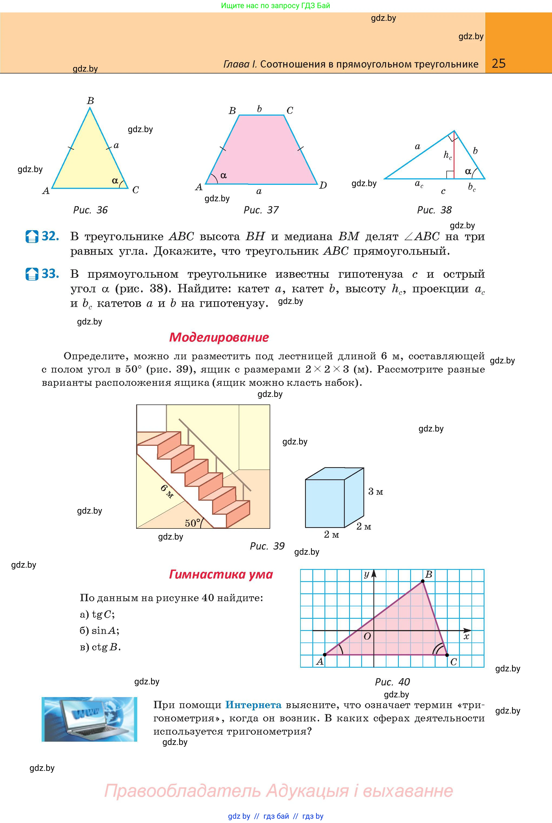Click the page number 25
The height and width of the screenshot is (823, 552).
[499, 63]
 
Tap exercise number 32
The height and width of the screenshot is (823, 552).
[50, 236]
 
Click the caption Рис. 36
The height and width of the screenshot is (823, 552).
[90, 210]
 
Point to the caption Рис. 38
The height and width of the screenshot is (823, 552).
[434, 210]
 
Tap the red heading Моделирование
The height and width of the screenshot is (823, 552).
[219, 337]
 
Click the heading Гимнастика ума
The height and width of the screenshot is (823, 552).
[221, 574]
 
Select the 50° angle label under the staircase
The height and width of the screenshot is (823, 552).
[192, 523]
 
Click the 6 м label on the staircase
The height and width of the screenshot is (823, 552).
[167, 491]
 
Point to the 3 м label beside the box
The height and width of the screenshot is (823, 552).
[375, 492]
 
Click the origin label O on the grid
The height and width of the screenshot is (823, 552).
[367, 637]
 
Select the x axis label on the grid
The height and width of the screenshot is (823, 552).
[466, 637]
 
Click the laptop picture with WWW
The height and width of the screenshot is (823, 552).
[89, 719]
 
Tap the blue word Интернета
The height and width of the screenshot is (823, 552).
[253, 705]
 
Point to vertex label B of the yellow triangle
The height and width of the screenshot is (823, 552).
[91, 101]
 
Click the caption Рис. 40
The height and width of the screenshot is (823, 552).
[392, 682]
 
